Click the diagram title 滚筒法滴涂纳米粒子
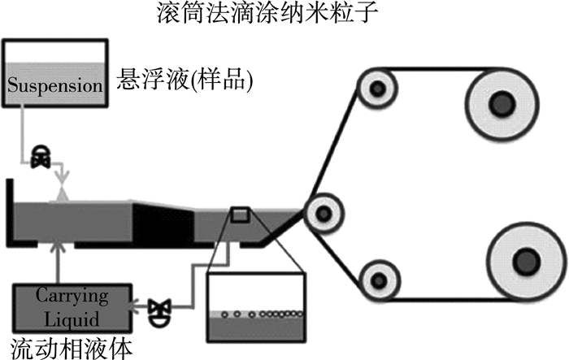tap(284, 14)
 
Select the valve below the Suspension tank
tap(39, 158)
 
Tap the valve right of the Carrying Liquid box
tap(158, 308)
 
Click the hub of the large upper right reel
tap(501, 101)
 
